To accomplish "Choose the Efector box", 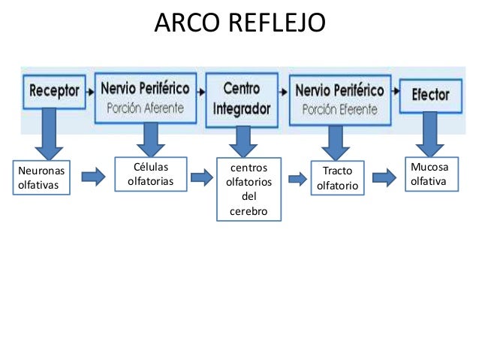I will tap(430, 95).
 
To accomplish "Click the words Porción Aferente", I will tap(145, 107).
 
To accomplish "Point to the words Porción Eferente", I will tap(339, 108).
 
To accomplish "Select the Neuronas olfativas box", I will tap(41, 178).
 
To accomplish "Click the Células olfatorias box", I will tap(150, 174).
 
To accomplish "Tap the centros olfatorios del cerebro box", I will tap(249, 189).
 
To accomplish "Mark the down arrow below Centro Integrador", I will tap(243, 139).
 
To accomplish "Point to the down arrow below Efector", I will tap(430, 135).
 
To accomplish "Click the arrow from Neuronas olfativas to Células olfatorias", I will tap(93, 177).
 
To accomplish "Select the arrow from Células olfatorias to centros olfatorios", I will tap(201, 177).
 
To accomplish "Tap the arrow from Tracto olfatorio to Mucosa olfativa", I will tap(384, 178).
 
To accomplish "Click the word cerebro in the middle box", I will tap(249, 212).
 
